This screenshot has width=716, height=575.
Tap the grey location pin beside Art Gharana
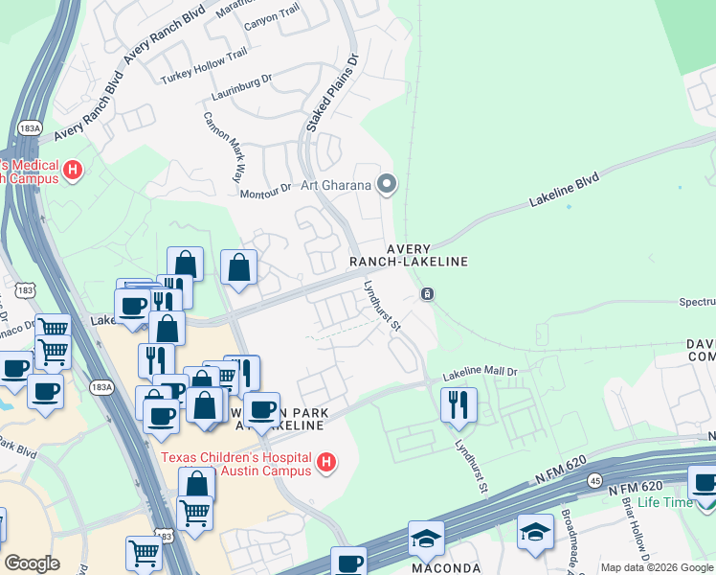pyautogui.click(x=387, y=183)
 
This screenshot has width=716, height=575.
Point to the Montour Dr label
pyautogui.click(x=264, y=190)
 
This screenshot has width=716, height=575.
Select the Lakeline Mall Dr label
pyautogui.click(x=479, y=375)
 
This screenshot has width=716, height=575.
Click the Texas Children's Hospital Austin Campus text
pyautogui.click(x=235, y=464)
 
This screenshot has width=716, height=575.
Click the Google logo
pyautogui.click(x=32, y=563)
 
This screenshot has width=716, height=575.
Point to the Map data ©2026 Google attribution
pyautogui.click(x=657, y=567)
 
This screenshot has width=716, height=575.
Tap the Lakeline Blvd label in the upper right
pyautogui.click(x=565, y=191)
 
